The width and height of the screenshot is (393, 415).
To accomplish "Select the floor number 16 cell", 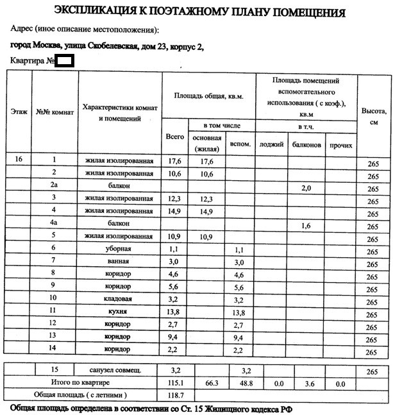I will point(19,160).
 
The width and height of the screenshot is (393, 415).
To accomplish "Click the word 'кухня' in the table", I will point(119,311).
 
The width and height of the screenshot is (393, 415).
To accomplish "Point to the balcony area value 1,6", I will point(305,225).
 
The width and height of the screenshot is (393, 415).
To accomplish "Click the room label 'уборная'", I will point(119,249).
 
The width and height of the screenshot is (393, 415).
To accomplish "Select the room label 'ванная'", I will point(119,262).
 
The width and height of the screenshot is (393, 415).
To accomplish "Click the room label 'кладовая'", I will point(119,299).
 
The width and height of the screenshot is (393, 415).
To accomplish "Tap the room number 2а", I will point(54,185).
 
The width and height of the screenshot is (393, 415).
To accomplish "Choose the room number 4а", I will point(54,223).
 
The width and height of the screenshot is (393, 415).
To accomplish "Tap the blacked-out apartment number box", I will point(64,61).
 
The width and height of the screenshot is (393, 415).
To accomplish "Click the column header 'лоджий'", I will point(271,145).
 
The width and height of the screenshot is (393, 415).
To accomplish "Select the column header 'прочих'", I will point(340,145).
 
